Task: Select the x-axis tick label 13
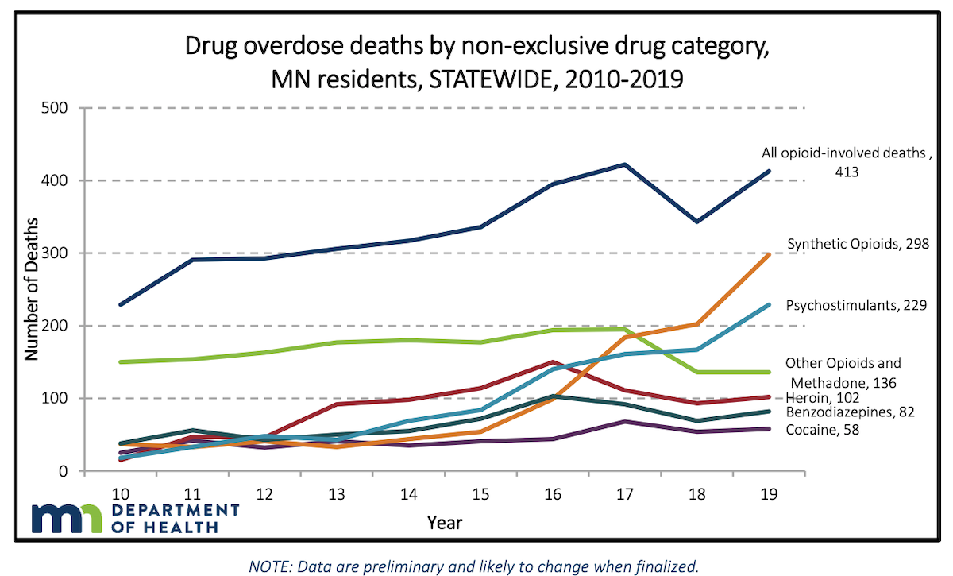tap(336, 493)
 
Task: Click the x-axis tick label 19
tap(770, 493)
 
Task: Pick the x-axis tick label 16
tap(553, 493)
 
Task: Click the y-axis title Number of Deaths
tap(31, 289)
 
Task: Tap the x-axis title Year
tap(444, 523)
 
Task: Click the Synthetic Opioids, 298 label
tap(857, 244)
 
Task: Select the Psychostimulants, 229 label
tap(857, 305)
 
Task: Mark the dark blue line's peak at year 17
tap(625, 164)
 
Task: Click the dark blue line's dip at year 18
tap(697, 222)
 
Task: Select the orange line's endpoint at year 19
tap(770, 254)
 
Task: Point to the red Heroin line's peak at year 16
tap(553, 362)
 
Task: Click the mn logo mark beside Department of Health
tap(67, 519)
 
